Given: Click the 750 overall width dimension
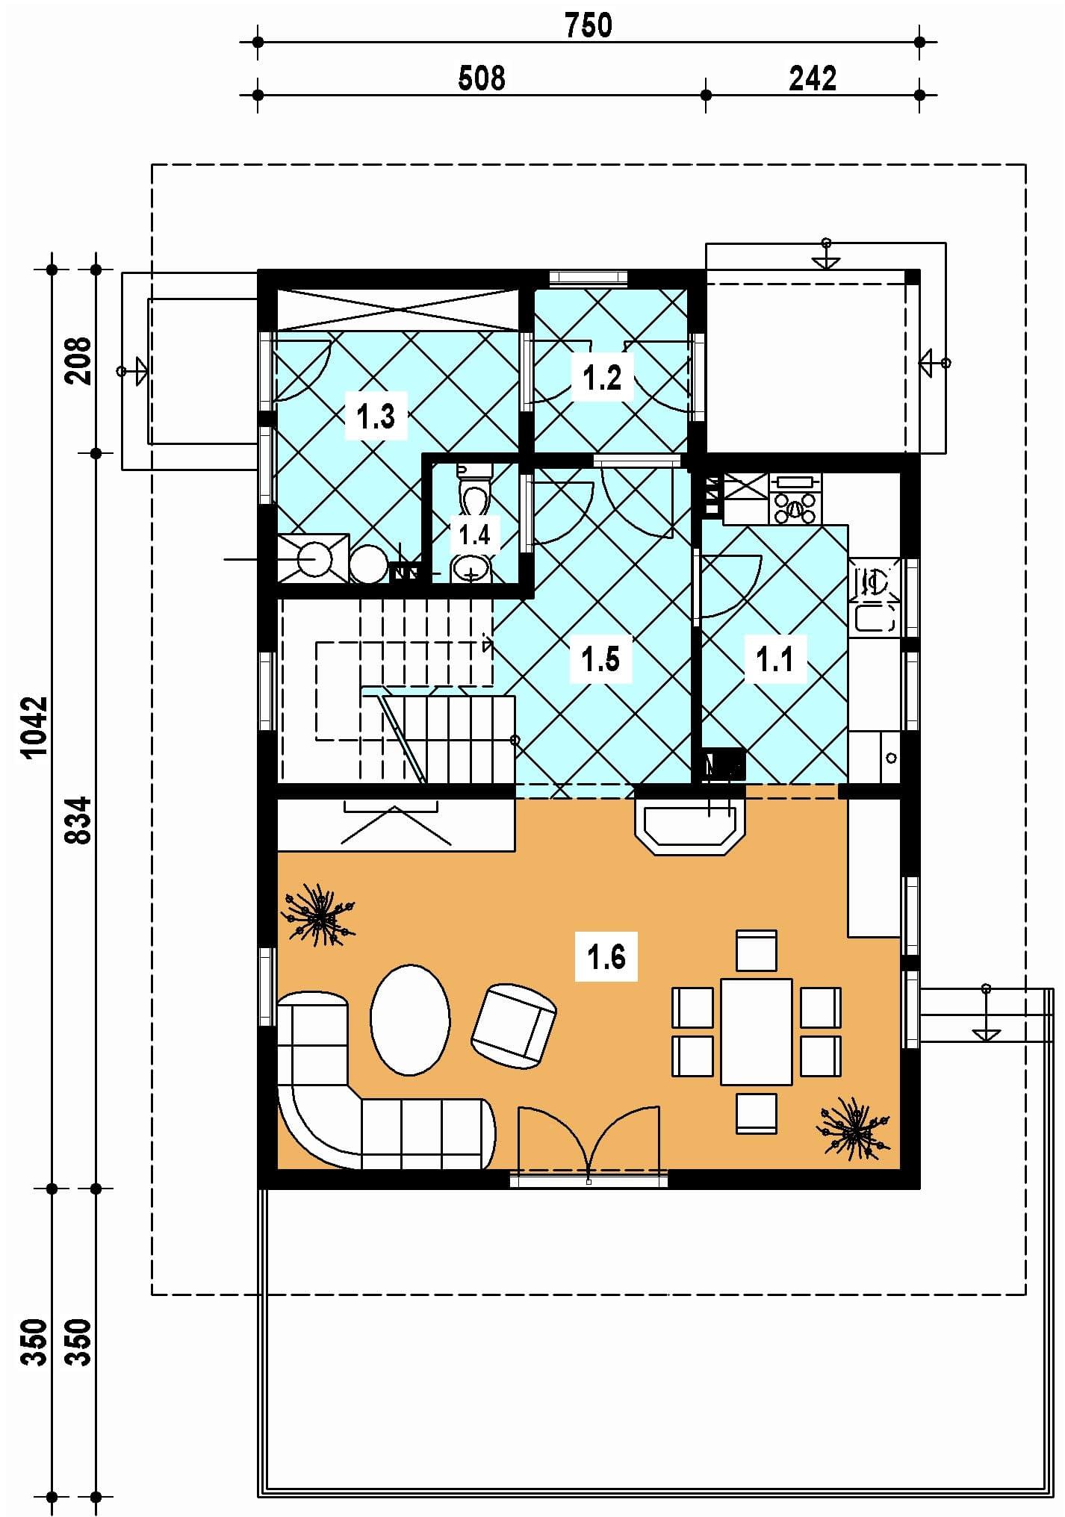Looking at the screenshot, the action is click(x=589, y=26).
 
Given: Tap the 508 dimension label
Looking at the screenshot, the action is click(x=482, y=78).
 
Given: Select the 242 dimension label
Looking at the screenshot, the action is click(x=813, y=78).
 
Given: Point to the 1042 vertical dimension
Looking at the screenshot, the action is click(x=35, y=727).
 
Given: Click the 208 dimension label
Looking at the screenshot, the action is click(x=78, y=361).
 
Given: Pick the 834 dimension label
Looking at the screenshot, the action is click(x=78, y=820).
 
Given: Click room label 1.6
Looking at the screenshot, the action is click(x=606, y=956).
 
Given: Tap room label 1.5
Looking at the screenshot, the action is click(x=600, y=659).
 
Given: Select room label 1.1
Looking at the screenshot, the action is click(x=775, y=659).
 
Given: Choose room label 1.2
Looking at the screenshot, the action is click(x=602, y=378).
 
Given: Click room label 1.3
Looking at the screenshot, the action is click(x=376, y=416).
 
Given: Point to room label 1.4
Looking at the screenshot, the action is click(x=474, y=535).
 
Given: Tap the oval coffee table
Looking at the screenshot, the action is click(x=410, y=1020).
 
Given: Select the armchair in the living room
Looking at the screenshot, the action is click(x=514, y=1024).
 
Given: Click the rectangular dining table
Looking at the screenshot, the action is click(x=756, y=1031).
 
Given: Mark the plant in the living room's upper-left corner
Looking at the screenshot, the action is click(x=318, y=915).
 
